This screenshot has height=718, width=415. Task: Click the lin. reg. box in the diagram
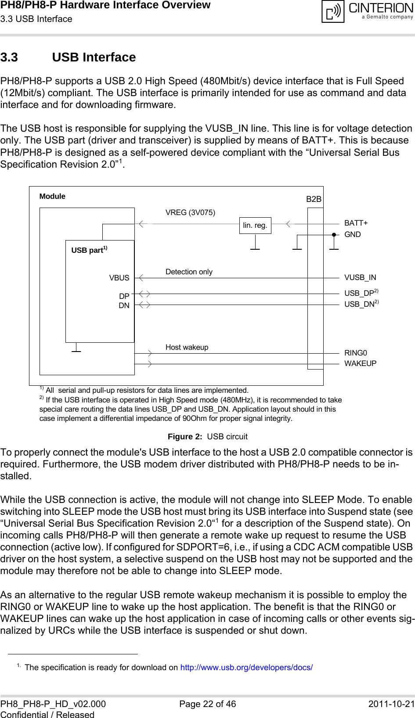coord(255,226)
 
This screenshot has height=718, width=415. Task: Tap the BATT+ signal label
coord(356,223)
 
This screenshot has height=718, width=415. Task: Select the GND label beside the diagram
coord(352,234)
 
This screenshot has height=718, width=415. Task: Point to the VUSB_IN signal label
coord(360,277)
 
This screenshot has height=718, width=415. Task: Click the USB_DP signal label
coord(359,293)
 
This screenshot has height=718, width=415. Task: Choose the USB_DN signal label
coord(359,304)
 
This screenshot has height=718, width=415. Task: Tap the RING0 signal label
coord(356,353)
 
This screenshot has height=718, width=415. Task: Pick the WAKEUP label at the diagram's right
coord(360,363)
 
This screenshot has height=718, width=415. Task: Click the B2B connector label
coord(314,199)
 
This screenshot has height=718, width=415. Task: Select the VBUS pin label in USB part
coord(119,278)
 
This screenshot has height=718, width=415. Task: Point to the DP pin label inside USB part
coord(124,296)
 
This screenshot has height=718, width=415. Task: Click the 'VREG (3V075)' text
coord(190,212)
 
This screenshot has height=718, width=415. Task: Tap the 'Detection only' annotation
coord(189,272)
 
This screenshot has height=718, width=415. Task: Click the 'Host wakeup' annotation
coord(187,347)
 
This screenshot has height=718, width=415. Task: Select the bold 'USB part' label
coord(87,250)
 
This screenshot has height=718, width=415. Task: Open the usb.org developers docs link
coord(246,667)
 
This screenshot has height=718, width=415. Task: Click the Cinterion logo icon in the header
coord(333,11)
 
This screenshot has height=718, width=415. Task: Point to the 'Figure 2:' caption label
coord(185,436)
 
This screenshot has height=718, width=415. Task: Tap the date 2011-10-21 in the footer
coord(391,704)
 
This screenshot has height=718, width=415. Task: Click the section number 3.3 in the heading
coord(9,57)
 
